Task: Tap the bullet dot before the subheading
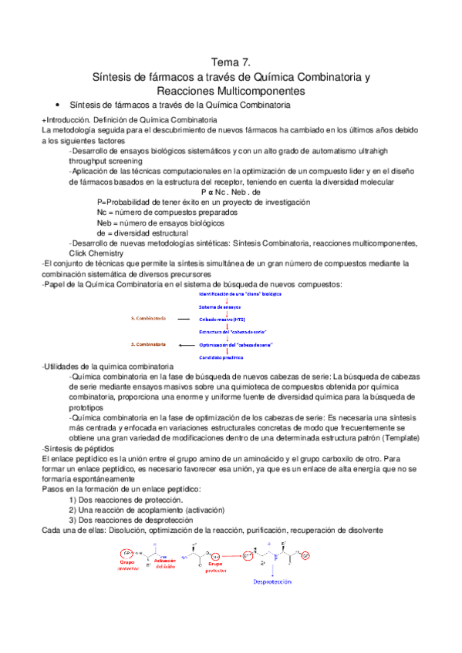point(59,105)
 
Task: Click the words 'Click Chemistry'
point(96,253)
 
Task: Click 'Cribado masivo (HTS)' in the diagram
point(224,319)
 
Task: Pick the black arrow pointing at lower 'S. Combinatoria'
point(185,345)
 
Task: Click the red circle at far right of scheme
point(305,554)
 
